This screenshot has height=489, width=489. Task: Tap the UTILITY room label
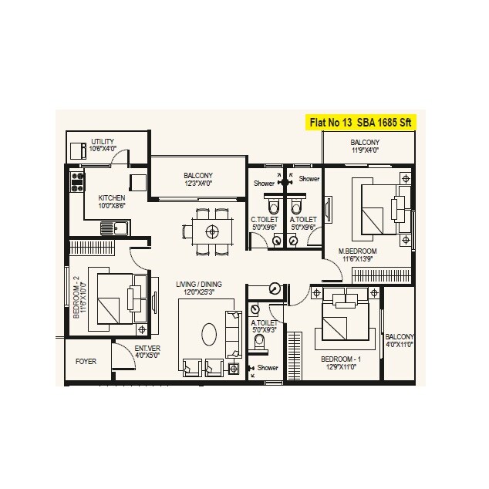click(x=103, y=142)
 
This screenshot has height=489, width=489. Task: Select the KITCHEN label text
click(x=112, y=197)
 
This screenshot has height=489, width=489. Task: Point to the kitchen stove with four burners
click(x=77, y=183)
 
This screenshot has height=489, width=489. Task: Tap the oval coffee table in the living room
click(x=209, y=336)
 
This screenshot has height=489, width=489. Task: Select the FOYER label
click(x=86, y=361)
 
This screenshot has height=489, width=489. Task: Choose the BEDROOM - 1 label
click(x=339, y=360)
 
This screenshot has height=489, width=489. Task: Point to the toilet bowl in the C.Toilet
click(x=270, y=207)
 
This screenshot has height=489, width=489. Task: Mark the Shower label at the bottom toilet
click(x=268, y=368)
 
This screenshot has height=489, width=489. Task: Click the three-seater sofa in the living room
click(x=231, y=330)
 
